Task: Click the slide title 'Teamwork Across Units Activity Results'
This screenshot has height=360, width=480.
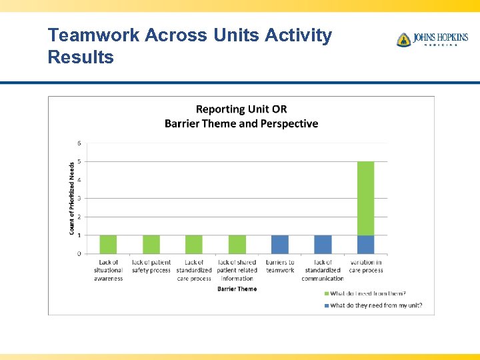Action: point(189,46)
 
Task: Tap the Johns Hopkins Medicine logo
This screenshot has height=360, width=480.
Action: point(432,39)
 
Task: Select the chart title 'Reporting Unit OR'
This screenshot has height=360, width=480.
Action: point(241,109)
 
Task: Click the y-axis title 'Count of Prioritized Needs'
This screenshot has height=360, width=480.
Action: point(72,198)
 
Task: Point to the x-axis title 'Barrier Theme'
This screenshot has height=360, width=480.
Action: point(237,289)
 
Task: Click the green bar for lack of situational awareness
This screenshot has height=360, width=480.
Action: point(108,244)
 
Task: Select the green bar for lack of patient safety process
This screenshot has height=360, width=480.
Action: point(151,244)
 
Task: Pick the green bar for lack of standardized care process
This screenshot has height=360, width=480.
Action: point(194,244)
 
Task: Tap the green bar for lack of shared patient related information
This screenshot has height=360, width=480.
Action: point(237,244)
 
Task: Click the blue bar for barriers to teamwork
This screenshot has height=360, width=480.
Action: point(280,244)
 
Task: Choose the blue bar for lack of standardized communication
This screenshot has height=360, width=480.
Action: point(323,244)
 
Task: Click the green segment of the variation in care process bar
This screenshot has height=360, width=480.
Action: point(365,198)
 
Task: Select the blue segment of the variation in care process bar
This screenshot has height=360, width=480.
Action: point(365,244)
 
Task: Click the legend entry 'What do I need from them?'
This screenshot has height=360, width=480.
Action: point(367,293)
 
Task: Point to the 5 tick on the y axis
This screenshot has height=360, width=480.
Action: point(80,161)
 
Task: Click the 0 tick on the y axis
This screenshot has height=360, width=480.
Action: point(80,253)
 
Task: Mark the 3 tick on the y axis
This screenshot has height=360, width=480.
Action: point(80,198)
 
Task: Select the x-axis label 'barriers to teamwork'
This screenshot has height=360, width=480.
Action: point(280,266)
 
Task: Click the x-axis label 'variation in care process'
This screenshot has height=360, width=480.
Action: point(365,266)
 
